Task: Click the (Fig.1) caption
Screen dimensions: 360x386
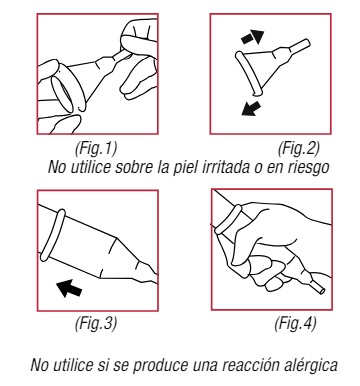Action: click(x=96, y=148)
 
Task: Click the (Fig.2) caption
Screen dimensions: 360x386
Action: click(x=299, y=148)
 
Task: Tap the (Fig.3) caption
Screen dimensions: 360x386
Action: click(x=96, y=323)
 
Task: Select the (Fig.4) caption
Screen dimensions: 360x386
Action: click(x=295, y=323)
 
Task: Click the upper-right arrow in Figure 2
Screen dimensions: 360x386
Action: click(x=253, y=37)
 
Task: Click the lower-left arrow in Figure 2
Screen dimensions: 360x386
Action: click(x=251, y=108)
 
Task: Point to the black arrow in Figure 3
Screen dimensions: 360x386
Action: click(x=69, y=288)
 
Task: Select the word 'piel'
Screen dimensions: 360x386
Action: click(x=186, y=168)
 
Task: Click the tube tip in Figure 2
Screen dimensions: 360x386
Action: click(x=307, y=43)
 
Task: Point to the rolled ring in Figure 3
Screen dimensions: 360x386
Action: click(x=53, y=236)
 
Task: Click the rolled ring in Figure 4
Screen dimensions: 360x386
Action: click(x=228, y=219)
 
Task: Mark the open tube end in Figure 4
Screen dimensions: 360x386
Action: click(x=321, y=290)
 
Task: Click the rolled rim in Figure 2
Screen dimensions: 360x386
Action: click(x=248, y=73)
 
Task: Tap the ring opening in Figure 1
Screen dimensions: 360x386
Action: click(x=64, y=95)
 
